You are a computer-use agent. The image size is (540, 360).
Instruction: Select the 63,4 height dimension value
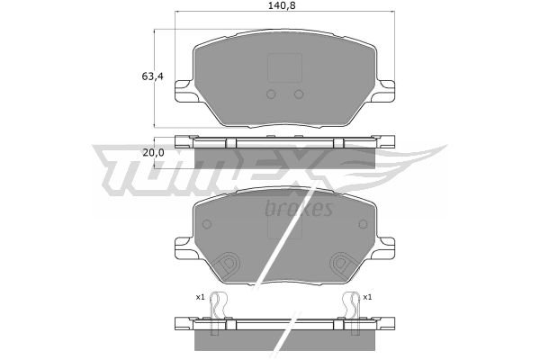click(x=153, y=76)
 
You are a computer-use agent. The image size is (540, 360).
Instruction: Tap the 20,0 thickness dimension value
click(x=154, y=153)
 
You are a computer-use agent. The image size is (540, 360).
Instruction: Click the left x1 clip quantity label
click(x=200, y=297)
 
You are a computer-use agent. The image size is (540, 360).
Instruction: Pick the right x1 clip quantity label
click(x=367, y=297)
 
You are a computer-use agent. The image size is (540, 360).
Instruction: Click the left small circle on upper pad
click(x=271, y=94)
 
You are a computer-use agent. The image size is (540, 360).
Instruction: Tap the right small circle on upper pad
click(x=299, y=94)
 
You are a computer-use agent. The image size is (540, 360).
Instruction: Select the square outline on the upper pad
click(x=284, y=67)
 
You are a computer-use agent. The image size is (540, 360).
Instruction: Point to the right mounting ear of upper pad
click(x=384, y=91)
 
